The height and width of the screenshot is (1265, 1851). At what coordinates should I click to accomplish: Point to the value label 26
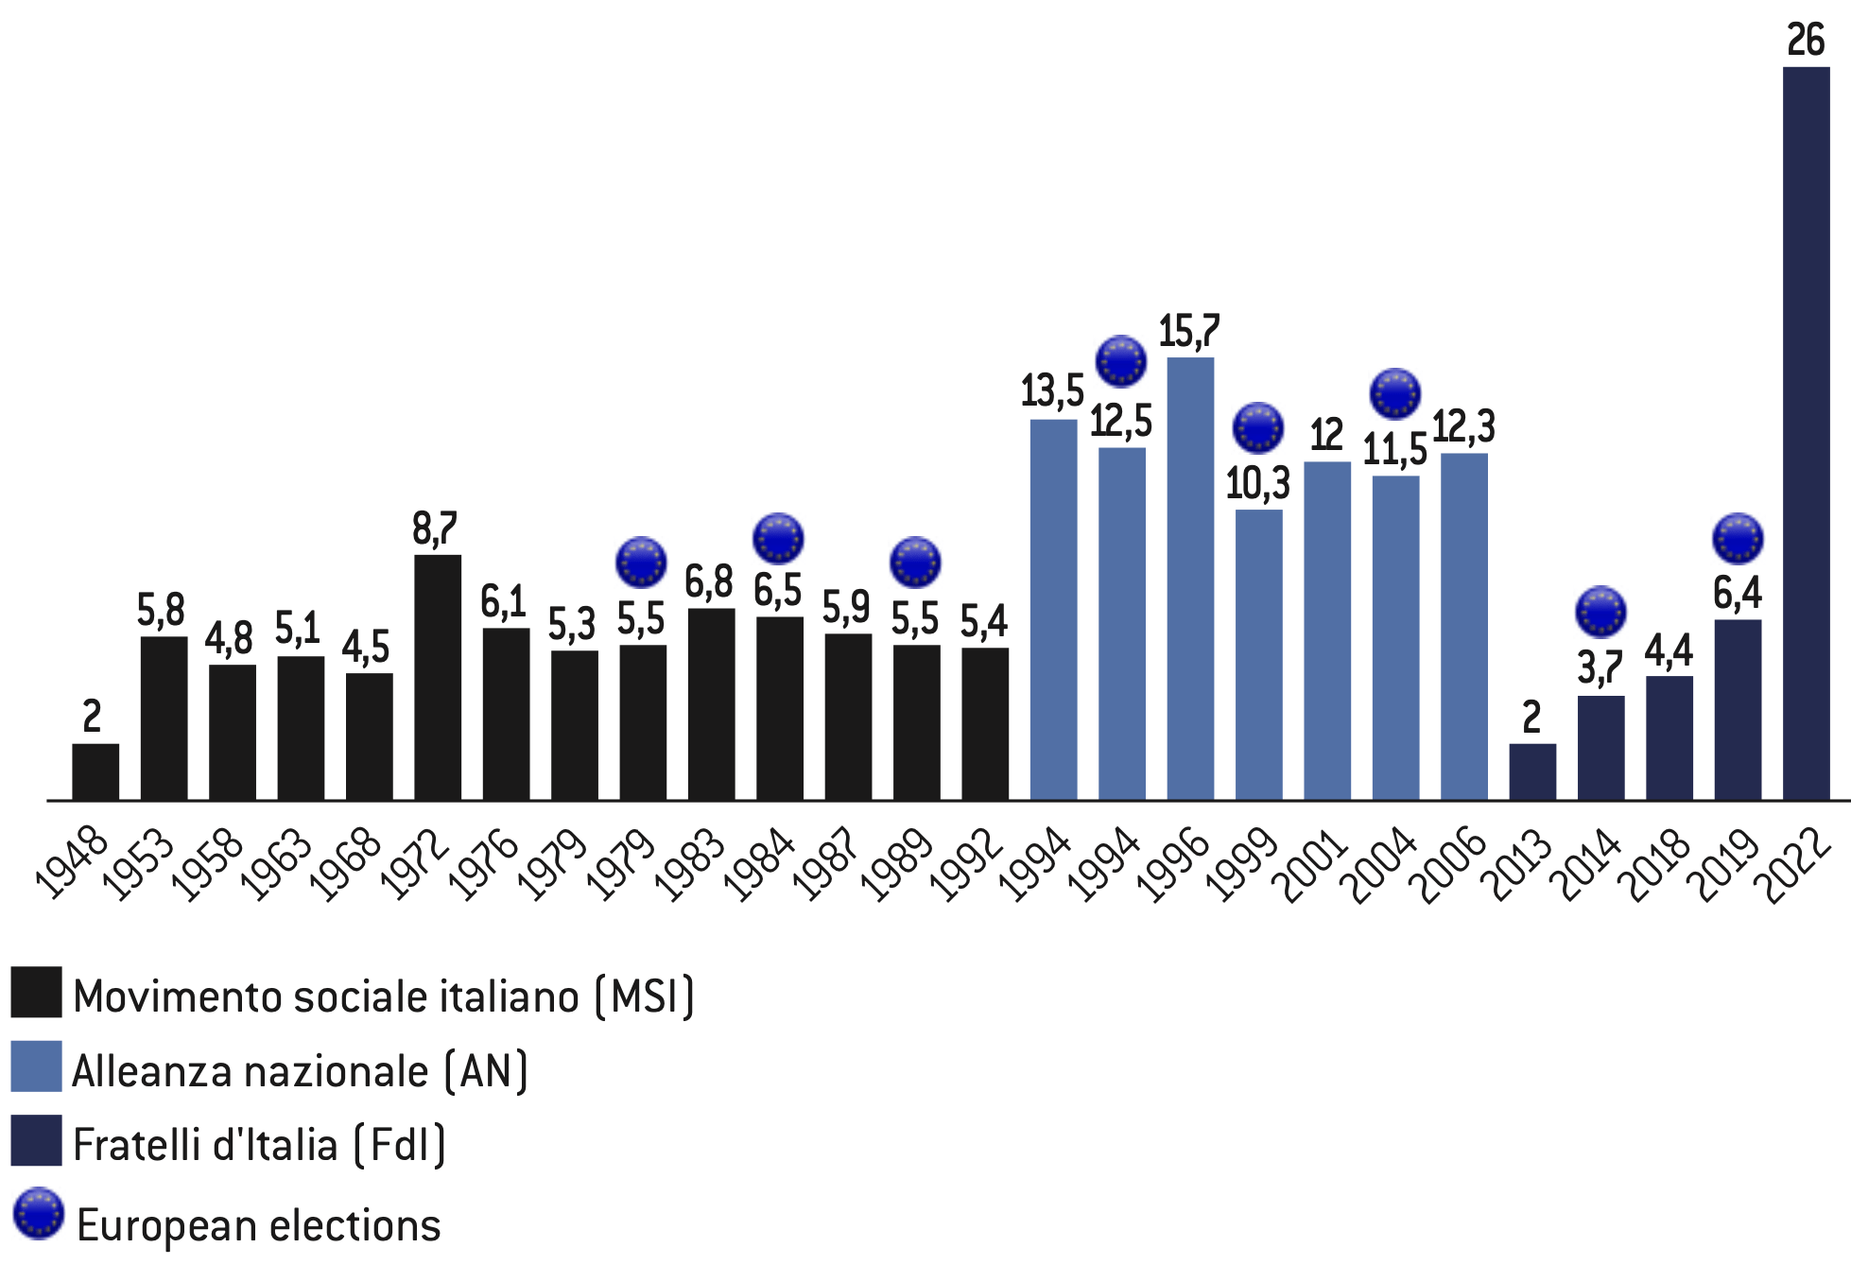click(x=1806, y=41)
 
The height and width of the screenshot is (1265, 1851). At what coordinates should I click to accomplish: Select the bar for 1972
click(x=438, y=677)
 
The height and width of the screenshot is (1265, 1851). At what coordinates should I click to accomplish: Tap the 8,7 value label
click(x=435, y=529)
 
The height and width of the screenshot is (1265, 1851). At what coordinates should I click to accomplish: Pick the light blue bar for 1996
click(x=1190, y=579)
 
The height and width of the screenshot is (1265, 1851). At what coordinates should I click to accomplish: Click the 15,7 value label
click(x=1189, y=331)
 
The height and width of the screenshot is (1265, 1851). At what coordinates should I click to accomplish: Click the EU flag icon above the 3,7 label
click(x=1600, y=612)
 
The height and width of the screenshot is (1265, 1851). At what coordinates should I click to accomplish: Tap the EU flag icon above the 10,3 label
click(x=1258, y=428)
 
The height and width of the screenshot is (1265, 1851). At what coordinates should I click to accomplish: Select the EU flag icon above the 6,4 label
click(x=1738, y=539)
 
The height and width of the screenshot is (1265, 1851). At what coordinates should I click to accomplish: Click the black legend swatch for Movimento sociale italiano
click(x=36, y=992)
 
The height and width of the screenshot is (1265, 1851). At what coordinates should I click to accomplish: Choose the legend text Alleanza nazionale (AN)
click(x=300, y=1071)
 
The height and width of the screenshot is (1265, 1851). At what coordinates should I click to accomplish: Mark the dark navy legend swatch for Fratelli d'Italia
click(x=36, y=1141)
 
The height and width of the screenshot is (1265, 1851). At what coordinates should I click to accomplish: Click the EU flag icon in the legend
click(x=39, y=1213)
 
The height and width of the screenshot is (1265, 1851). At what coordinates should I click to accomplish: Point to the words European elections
click(x=258, y=1225)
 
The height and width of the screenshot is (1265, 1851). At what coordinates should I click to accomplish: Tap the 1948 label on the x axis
click(x=72, y=861)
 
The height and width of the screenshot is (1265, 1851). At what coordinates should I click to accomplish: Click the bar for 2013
click(x=1532, y=771)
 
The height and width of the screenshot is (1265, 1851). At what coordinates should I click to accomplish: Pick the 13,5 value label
click(x=1052, y=390)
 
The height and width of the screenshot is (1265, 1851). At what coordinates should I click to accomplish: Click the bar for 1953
click(x=164, y=718)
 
